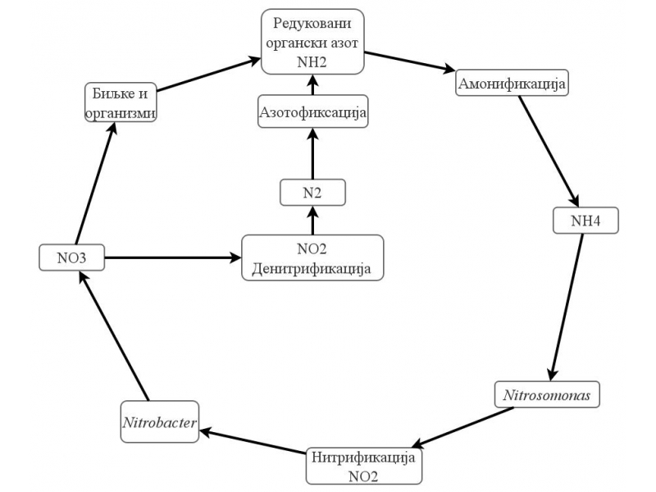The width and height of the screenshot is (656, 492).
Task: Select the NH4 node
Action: [x=584, y=220]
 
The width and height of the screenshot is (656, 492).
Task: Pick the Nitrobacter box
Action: [x=161, y=422]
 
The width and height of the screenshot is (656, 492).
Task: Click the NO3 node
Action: [x=71, y=258]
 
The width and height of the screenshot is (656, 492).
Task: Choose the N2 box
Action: [x=312, y=193]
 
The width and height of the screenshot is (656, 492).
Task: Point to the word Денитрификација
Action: [x=312, y=268]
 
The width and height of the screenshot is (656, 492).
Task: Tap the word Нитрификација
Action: [x=367, y=456]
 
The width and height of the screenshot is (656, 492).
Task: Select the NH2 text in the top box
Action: [x=312, y=58]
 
